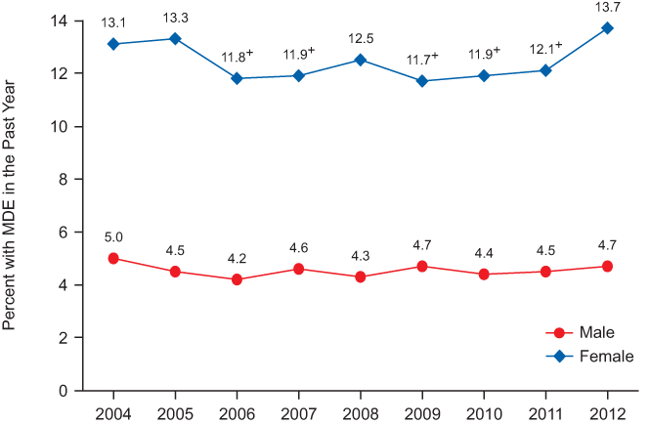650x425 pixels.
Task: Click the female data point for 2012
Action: click(607, 27)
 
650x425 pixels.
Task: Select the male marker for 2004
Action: click(113, 258)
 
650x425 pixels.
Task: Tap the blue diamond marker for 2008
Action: click(360, 60)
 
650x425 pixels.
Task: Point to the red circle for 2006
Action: click(237, 279)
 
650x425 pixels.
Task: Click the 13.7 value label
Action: click(607, 7)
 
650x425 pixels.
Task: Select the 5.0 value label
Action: click(113, 235)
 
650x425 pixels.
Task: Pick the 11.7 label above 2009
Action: click(422, 59)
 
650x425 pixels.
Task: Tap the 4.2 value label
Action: click(237, 258)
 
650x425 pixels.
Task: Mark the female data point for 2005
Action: click(175, 38)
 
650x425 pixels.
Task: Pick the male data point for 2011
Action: click(545, 272)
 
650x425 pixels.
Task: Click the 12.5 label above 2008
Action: click(360, 39)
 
